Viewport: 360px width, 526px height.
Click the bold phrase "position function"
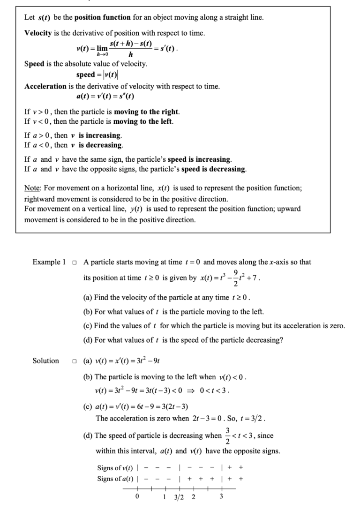click(x=103, y=18)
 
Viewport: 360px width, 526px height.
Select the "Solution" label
click(x=45, y=361)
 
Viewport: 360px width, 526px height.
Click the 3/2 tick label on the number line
click(x=179, y=497)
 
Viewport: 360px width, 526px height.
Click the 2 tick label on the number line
click(x=193, y=497)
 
